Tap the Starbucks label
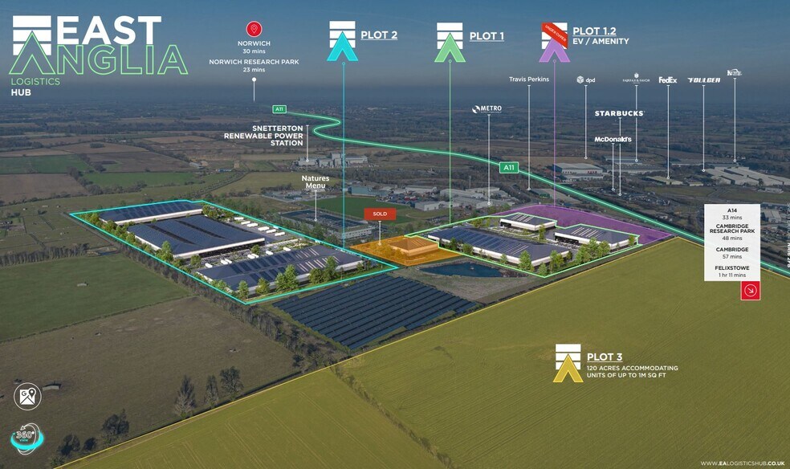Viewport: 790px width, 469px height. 619,114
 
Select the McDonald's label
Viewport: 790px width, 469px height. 613,140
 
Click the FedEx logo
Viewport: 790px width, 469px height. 668,80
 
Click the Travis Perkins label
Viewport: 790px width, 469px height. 529,80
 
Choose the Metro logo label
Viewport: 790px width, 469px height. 487,109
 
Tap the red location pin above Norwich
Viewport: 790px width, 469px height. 255,30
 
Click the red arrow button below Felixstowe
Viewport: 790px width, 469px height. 750,290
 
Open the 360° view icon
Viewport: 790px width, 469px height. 27,438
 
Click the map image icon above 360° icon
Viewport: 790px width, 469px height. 27,396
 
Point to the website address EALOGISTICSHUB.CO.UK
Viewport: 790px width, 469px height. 741,463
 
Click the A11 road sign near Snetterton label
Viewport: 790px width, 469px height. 279,109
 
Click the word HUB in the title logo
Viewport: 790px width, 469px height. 22,92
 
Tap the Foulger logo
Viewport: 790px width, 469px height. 703,80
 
